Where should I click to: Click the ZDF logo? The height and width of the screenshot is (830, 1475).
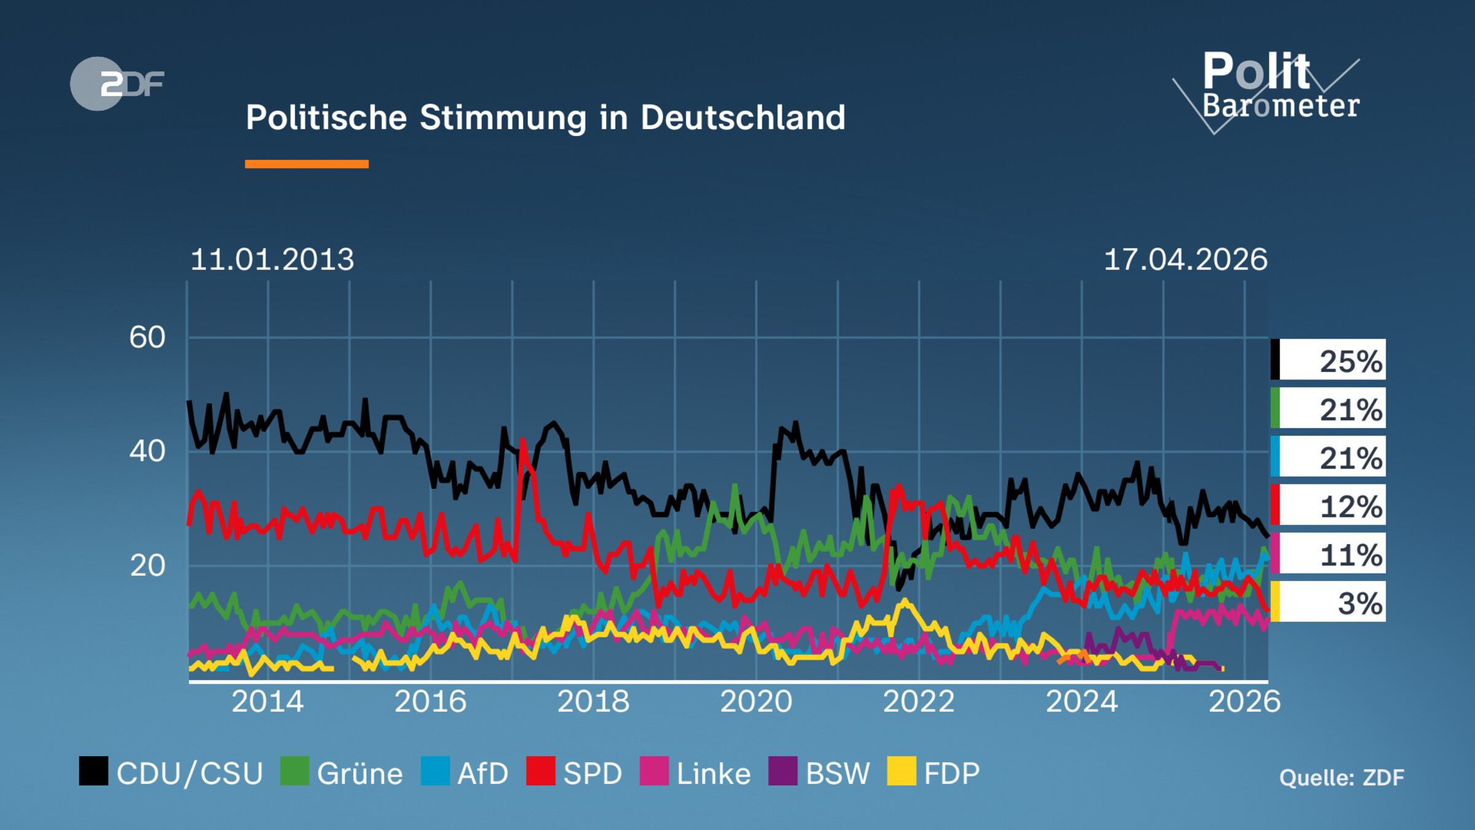coord(117,84)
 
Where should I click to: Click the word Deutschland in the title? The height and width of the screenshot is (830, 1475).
coord(742,117)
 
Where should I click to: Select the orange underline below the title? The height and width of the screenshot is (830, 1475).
coord(306,164)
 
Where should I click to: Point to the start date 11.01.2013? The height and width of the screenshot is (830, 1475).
coord(272,259)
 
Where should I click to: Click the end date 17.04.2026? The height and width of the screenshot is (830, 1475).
coord(1185,259)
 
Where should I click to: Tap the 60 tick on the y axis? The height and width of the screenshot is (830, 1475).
coord(147,338)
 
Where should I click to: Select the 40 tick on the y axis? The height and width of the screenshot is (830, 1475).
coord(147,451)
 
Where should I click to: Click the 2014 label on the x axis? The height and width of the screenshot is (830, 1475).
coord(267,702)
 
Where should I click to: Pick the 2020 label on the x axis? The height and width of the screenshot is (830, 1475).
coord(756,702)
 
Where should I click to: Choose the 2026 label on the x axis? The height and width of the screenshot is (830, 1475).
coord(1245,702)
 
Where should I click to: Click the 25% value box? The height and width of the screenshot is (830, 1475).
coord(1329,360)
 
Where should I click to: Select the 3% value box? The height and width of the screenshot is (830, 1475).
coord(1329,603)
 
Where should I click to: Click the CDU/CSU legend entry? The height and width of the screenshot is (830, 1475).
coord(172,773)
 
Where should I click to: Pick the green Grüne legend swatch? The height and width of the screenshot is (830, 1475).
coord(294,771)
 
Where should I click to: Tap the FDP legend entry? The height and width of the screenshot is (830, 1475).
coord(934,773)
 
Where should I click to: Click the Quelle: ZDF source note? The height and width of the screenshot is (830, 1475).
coord(1341,778)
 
